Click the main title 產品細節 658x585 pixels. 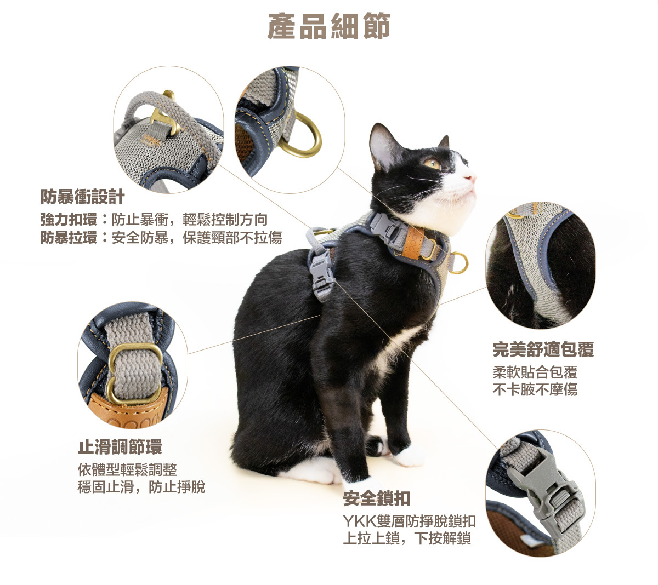(x=328, y=26)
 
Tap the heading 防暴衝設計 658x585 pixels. (x=82, y=197)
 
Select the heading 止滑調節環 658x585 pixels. (x=120, y=447)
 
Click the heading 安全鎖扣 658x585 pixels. (x=377, y=498)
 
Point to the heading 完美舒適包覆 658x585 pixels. (x=543, y=349)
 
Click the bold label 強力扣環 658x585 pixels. (x=69, y=220)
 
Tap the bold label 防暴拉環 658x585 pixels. (x=69, y=238)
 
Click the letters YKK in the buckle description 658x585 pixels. (x=360, y=521)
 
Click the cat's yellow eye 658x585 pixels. (x=432, y=163)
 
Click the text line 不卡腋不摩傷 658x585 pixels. (x=535, y=389)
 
